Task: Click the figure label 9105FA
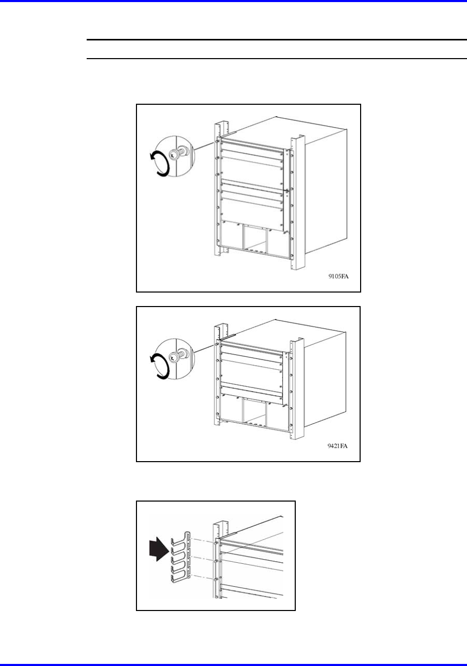click(338, 276)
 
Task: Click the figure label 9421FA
click(338, 454)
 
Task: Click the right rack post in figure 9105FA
click(298, 203)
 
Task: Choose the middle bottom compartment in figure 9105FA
click(255, 238)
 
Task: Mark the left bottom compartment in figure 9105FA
click(232, 234)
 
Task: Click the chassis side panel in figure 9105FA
click(326, 190)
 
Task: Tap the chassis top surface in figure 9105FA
click(283, 131)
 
